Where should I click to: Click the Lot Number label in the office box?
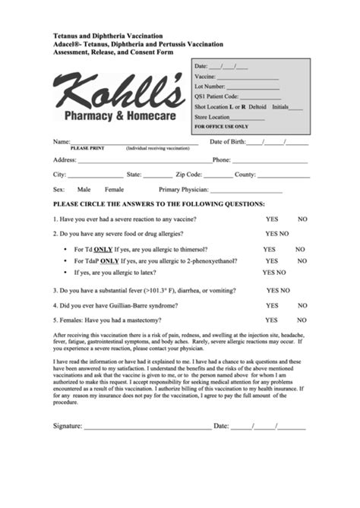point(210,87)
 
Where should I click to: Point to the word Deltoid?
point(257,107)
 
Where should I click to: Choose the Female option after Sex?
point(114,189)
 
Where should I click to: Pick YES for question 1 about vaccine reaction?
point(272,219)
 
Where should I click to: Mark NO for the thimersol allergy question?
point(300,249)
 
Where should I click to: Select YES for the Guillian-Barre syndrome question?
point(272,305)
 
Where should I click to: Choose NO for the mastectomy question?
point(302,320)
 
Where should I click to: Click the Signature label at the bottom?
point(67,426)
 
